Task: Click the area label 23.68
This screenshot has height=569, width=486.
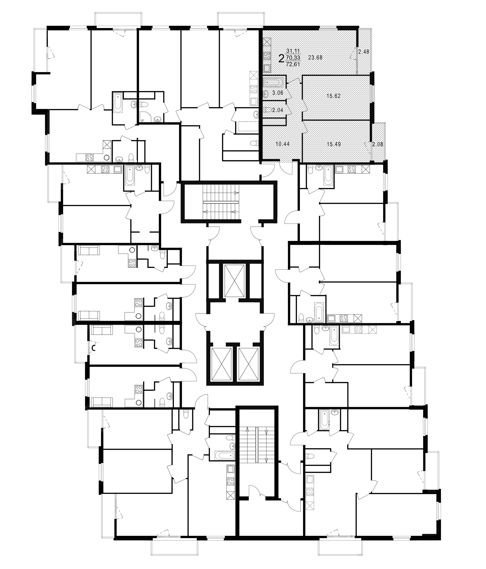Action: (315, 58)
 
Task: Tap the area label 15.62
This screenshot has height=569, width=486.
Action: (334, 96)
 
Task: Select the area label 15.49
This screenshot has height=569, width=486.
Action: (334, 144)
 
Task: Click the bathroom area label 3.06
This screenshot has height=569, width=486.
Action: (278, 93)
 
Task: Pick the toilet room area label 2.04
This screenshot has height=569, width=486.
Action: (278, 110)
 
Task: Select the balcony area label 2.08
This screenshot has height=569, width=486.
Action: (377, 144)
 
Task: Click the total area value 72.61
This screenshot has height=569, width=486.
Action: (293, 65)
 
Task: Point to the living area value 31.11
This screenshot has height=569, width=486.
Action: (293, 51)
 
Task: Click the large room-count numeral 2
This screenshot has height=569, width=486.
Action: (281, 58)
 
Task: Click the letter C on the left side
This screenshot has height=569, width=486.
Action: (93, 348)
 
